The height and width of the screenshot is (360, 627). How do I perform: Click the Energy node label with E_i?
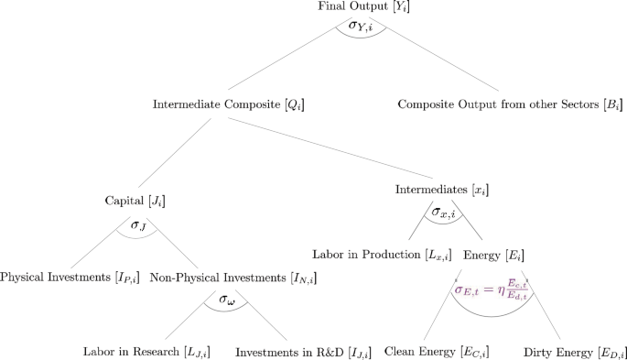click(x=494, y=254)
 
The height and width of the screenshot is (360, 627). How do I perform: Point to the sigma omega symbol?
click(x=227, y=299)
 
